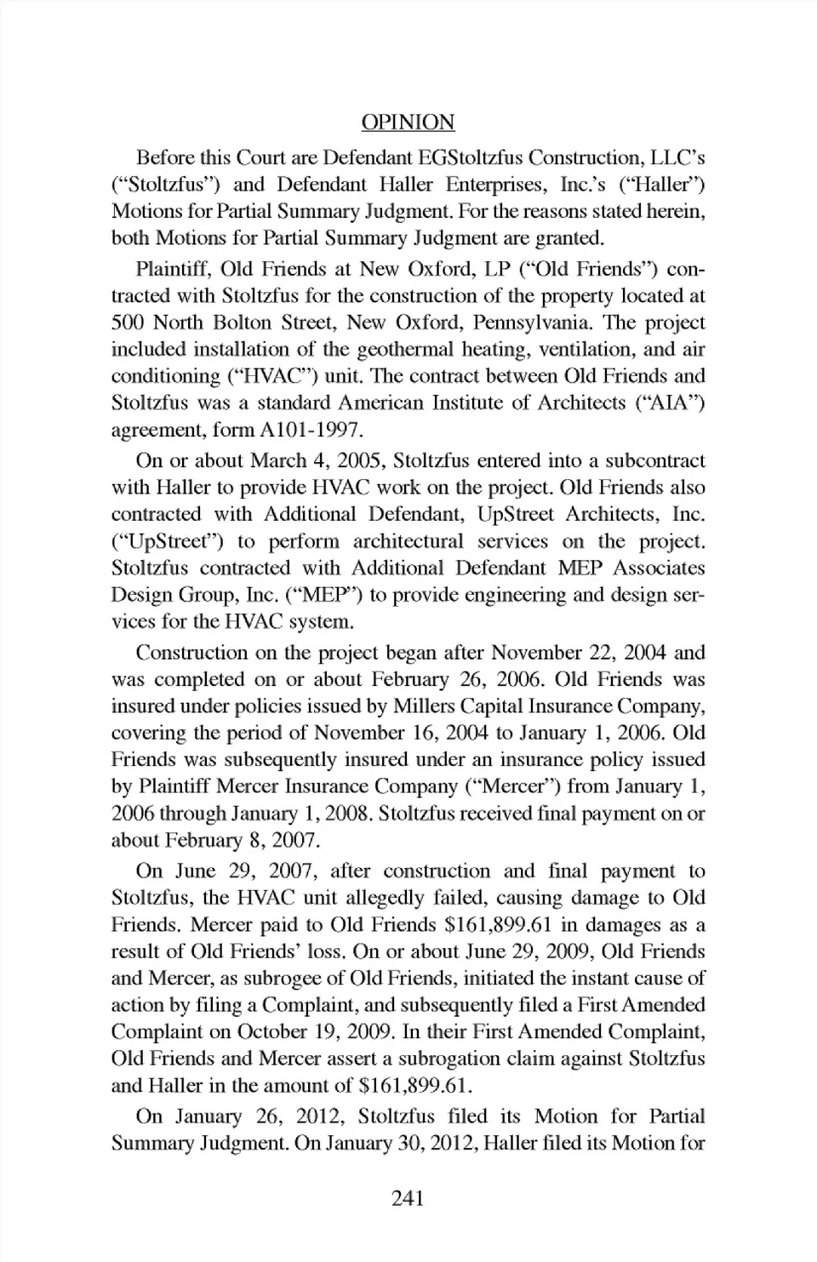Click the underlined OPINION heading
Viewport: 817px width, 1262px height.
[408, 123]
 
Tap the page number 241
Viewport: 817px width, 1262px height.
[408, 1198]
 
